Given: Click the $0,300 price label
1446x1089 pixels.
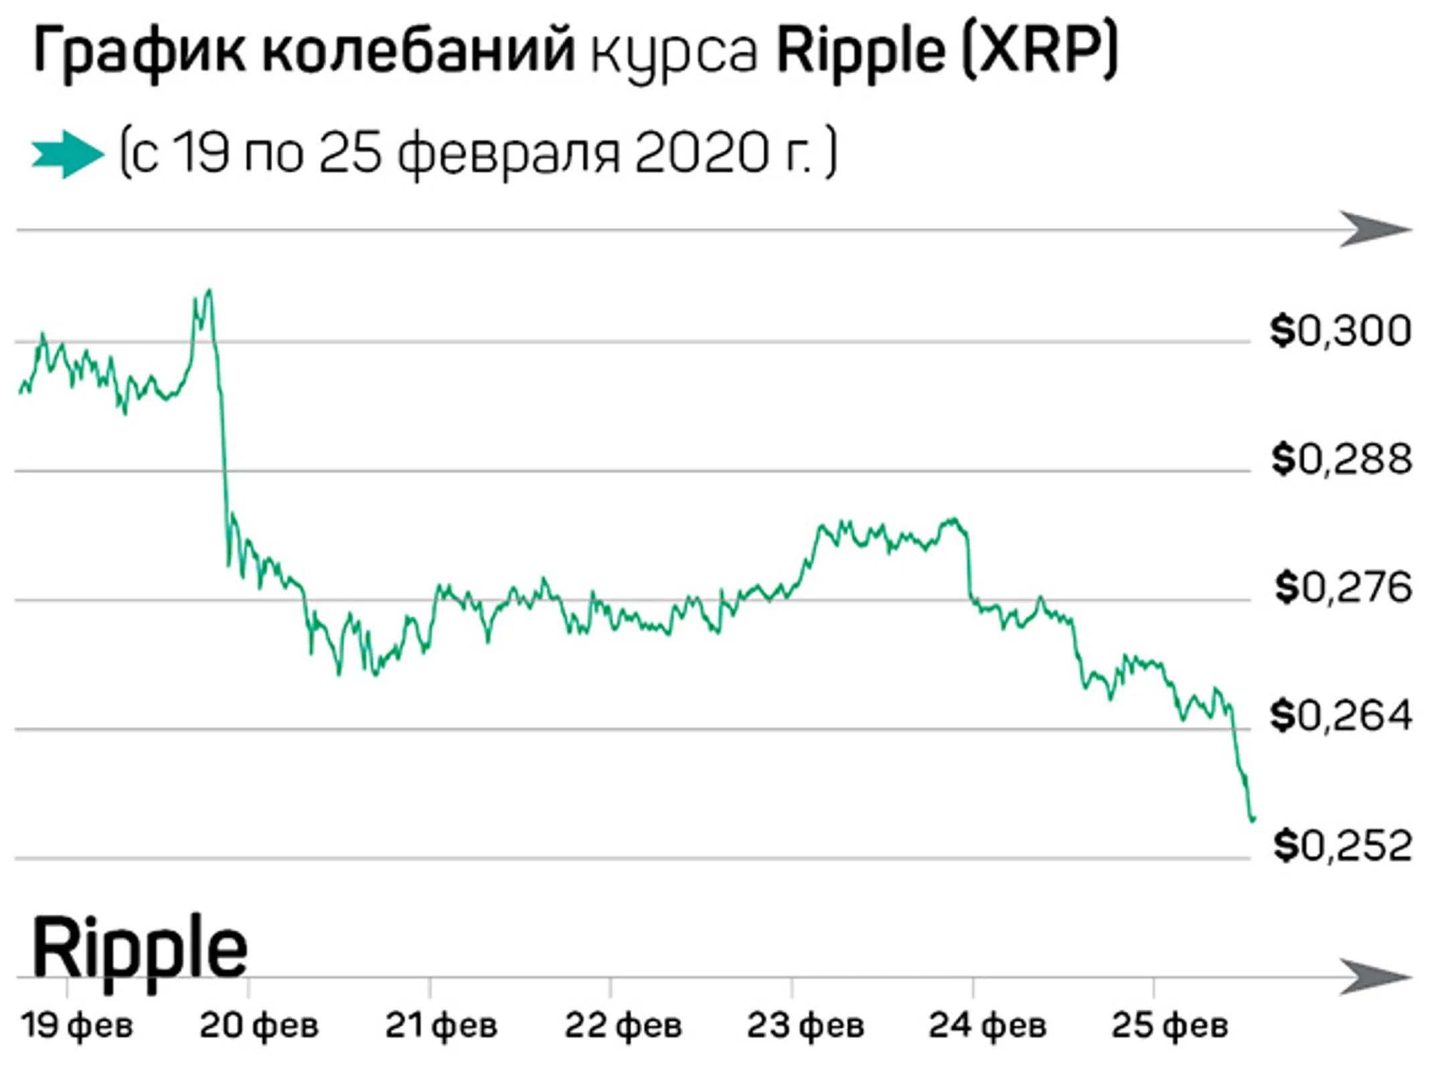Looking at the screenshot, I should click(1341, 331).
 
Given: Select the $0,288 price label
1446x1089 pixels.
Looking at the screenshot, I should click(1342, 460).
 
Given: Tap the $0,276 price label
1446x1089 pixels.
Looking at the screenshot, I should click(1343, 588).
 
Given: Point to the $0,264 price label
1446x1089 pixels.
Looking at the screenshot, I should click(1342, 716).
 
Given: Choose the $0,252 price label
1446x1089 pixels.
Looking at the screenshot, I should click(1342, 845).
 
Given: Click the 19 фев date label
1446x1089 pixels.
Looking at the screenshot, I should click(77, 1025).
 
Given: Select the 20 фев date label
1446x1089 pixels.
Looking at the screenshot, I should click(259, 1025).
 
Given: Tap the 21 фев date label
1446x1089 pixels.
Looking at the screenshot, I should click(441, 1025).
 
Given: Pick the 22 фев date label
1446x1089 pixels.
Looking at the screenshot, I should click(623, 1025).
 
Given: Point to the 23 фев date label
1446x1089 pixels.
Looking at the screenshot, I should click(805, 1025).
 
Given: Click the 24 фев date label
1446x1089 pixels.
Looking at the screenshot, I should click(987, 1025).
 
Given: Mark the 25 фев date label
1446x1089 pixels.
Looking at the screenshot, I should click(1170, 1025).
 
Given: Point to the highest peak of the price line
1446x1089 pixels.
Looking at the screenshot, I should click(210, 290).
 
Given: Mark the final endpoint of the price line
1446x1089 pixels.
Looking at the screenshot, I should click(1253, 818).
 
